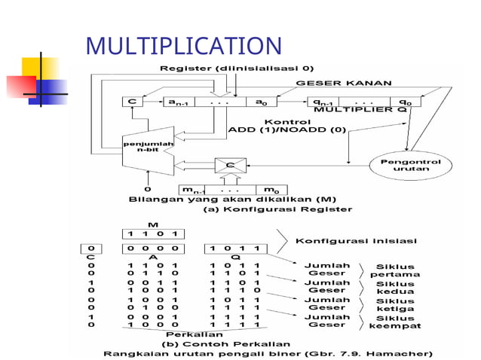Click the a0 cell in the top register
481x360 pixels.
260,101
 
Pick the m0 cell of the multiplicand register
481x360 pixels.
268,188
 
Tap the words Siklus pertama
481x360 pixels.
394,270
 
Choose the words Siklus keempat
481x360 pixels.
394,322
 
